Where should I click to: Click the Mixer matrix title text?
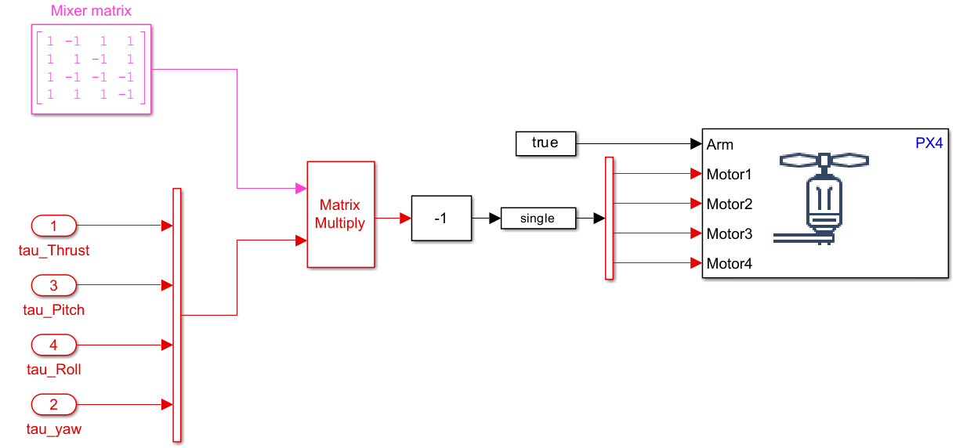pyautogui.click(x=91, y=11)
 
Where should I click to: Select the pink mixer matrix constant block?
pyautogui.click(x=91, y=70)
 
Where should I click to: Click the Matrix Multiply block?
pyautogui.click(x=340, y=214)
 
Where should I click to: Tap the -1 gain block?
pyautogui.click(x=441, y=218)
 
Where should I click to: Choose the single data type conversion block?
pyautogui.click(x=538, y=219)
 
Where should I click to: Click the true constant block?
pyautogui.click(x=545, y=143)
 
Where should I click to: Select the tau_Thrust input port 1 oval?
pyautogui.click(x=54, y=226)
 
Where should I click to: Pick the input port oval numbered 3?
pyautogui.click(x=54, y=285)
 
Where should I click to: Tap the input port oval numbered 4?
pyautogui.click(x=54, y=345)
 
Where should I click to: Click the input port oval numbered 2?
pyautogui.click(x=54, y=404)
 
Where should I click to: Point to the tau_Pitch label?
pyautogui.click(x=54, y=310)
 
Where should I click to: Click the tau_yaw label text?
pyautogui.click(x=54, y=429)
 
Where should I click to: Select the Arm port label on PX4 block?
pyautogui.click(x=720, y=144)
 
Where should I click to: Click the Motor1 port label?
pyautogui.click(x=729, y=174)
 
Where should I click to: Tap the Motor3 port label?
pyautogui.click(x=729, y=233)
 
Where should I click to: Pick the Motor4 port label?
pyautogui.click(x=729, y=263)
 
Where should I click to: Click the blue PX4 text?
pyautogui.click(x=929, y=143)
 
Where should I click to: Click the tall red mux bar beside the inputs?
pyautogui.click(x=176, y=315)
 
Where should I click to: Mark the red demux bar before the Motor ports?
pyautogui.click(x=609, y=218)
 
